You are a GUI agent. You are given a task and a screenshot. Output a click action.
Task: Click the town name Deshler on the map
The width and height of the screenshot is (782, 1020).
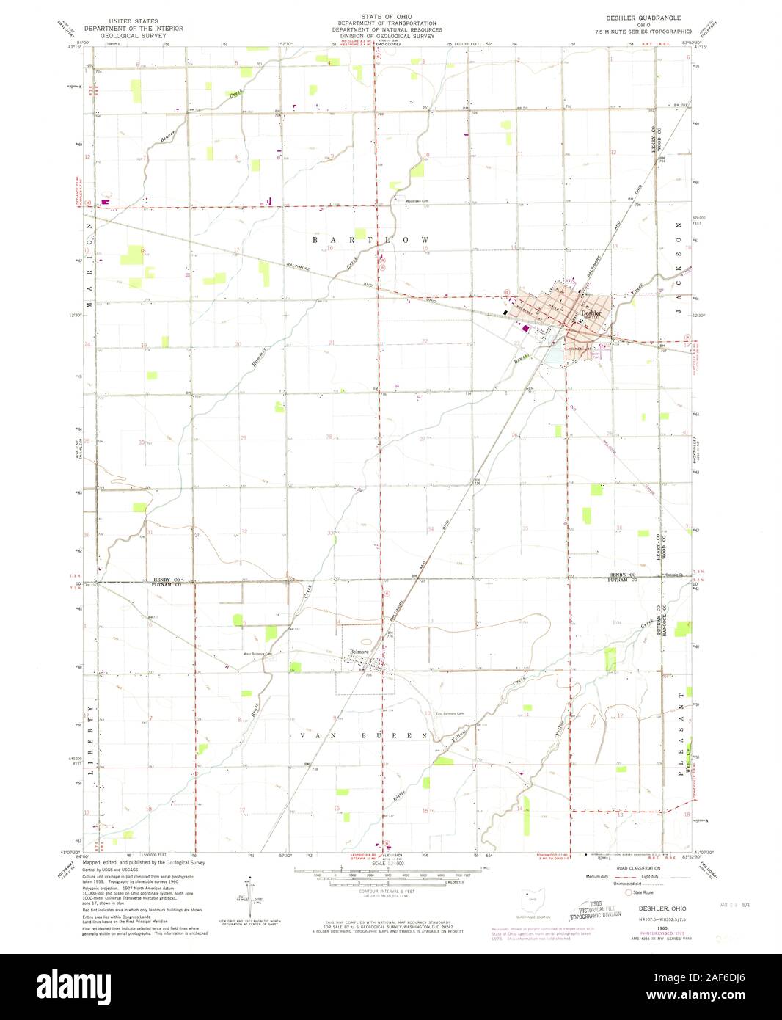[591, 313]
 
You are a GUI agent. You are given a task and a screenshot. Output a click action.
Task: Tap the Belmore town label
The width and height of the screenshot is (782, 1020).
[359, 651]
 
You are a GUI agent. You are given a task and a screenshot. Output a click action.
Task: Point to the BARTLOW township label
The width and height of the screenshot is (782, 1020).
[370, 240]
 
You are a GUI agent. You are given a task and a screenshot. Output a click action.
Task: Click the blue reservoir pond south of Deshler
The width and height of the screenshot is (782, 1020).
[555, 354]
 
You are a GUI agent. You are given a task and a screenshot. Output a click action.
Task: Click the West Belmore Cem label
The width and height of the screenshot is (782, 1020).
[257, 655]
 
